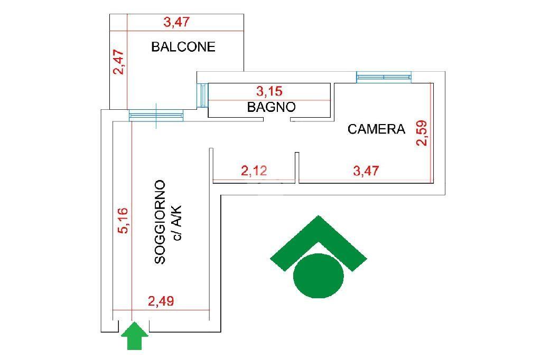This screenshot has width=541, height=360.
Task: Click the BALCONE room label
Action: click(x=183, y=46)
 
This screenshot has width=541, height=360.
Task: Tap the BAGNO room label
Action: click(x=271, y=107)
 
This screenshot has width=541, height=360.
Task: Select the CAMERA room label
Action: click(x=376, y=129)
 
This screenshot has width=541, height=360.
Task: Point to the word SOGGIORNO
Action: click(x=160, y=222)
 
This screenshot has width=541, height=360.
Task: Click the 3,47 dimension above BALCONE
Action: click(x=176, y=22)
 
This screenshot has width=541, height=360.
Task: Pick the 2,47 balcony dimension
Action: click(x=119, y=62)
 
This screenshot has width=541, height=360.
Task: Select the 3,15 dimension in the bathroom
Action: click(x=269, y=91)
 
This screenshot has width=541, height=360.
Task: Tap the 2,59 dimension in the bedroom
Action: click(x=422, y=133)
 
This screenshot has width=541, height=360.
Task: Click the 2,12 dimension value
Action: click(x=254, y=170)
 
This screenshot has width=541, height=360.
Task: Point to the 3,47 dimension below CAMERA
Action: click(x=366, y=170)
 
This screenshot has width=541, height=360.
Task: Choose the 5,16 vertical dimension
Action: click(x=123, y=221)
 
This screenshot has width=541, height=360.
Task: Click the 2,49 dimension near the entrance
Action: click(x=161, y=301)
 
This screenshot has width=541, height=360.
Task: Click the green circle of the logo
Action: click(x=319, y=276)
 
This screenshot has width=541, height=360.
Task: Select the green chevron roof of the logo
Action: click(x=319, y=241)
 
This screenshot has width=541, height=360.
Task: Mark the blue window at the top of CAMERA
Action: click(x=384, y=77)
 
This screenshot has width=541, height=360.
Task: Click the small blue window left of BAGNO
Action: click(x=204, y=95)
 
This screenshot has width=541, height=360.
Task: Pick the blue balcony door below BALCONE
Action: click(x=156, y=116)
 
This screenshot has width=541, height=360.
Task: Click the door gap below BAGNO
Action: click(x=277, y=119)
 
